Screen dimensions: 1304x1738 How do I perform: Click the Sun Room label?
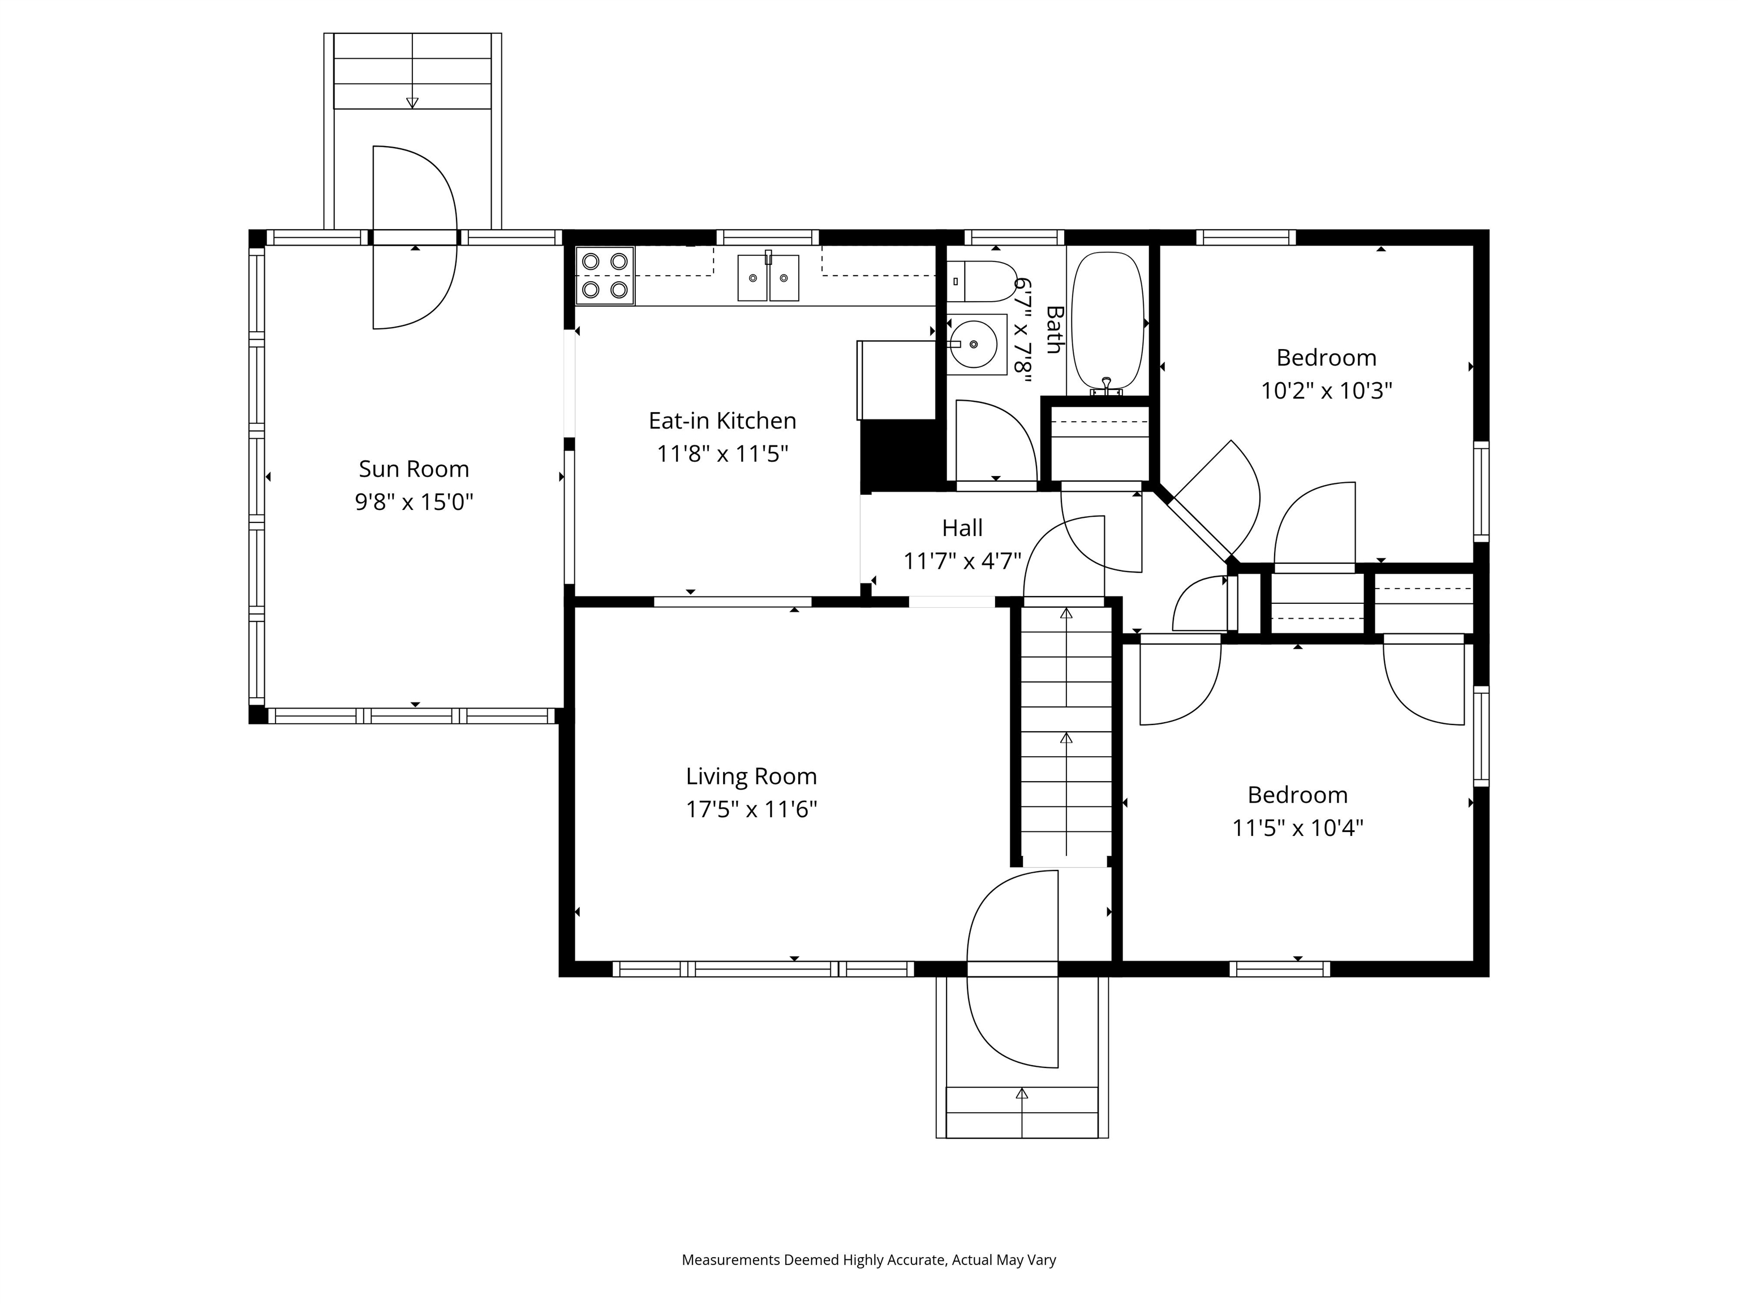[414, 469]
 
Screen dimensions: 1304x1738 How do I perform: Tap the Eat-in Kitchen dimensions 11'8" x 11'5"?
[722, 454]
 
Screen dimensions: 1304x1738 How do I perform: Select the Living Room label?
[751, 777]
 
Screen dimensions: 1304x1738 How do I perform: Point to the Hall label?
[962, 528]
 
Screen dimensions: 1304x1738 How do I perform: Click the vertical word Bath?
[1053, 330]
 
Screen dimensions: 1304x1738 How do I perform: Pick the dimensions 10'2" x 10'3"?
[1326, 391]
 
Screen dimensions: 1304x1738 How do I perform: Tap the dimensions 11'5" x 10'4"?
[1297, 827]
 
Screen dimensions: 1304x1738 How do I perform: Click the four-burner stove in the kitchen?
[605, 276]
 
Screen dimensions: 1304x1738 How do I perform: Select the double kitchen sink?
[768, 277]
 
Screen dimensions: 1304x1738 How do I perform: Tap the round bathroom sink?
[974, 344]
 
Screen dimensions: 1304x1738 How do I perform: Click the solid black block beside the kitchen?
[901, 454]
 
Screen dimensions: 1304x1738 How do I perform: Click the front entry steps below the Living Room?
[1021, 1112]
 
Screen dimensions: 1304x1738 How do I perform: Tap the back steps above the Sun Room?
[412, 72]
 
